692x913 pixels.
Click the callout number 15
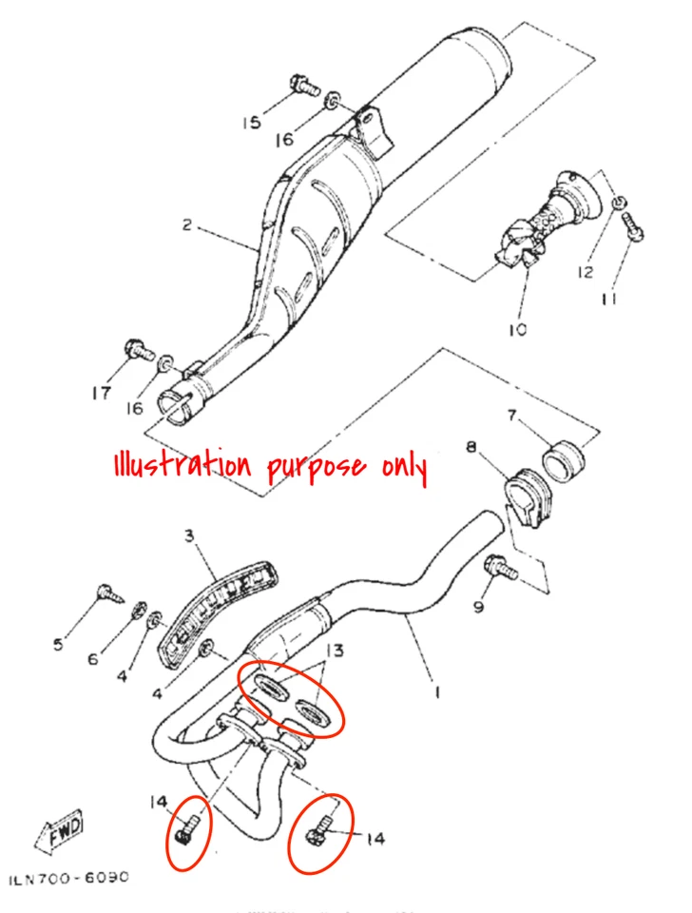[x=250, y=123]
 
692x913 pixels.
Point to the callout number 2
[x=187, y=225]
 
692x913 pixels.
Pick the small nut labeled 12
[x=619, y=203]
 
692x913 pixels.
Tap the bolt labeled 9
[x=500, y=568]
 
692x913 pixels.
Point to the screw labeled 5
[x=109, y=596]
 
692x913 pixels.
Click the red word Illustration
[x=181, y=466]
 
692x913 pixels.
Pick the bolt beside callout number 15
[x=302, y=86]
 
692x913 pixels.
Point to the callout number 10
[x=518, y=330]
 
